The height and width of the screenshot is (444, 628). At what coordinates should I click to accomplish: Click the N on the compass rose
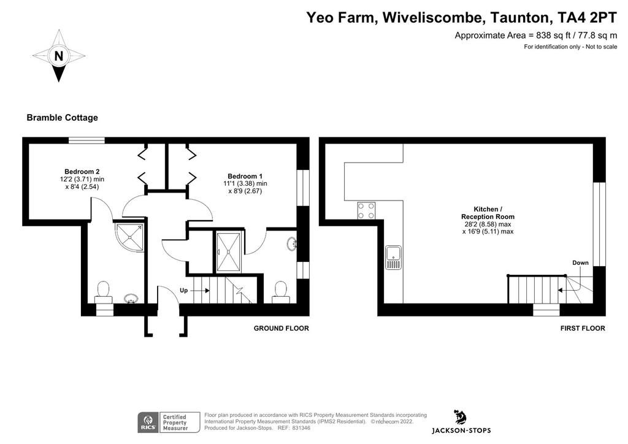pyautogui.click(x=59, y=56)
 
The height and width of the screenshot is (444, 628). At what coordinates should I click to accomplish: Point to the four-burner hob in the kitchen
pyautogui.click(x=367, y=211)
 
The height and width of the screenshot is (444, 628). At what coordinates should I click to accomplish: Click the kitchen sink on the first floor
pyautogui.click(x=394, y=258)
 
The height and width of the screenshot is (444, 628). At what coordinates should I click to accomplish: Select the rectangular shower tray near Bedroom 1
pyautogui.click(x=229, y=252)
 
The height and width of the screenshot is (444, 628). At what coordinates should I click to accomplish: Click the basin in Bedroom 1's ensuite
pyautogui.click(x=291, y=243)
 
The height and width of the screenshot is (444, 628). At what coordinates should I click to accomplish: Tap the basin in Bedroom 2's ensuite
pyautogui.click(x=131, y=298)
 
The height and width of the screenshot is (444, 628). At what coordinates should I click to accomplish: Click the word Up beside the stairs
pyautogui.click(x=184, y=290)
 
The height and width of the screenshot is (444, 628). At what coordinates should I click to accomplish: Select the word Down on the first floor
pyautogui.click(x=580, y=262)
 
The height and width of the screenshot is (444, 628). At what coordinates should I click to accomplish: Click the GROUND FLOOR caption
pyautogui.click(x=281, y=328)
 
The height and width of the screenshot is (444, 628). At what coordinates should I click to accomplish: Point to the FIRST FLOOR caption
pyautogui.click(x=583, y=328)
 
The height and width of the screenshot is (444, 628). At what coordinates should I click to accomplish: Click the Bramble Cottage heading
pyautogui.click(x=62, y=118)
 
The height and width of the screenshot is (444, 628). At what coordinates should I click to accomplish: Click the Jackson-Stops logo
pyautogui.click(x=461, y=421)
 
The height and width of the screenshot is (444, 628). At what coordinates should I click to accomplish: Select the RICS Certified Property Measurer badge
pyautogui.click(x=169, y=423)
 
